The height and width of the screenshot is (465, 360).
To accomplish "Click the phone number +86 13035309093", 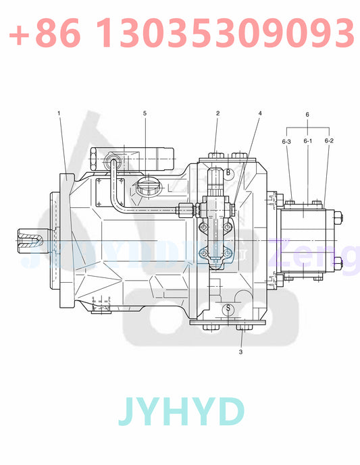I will point(180,32).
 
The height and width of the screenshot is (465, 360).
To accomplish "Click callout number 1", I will point(59,113).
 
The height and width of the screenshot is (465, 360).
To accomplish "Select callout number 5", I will point(144,113).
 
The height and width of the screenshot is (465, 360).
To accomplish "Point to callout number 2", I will point(217,113).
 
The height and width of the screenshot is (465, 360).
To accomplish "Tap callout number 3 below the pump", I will point(240,351).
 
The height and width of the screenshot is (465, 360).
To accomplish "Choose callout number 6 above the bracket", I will point(307,115).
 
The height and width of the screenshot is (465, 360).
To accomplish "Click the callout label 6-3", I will point(286,141).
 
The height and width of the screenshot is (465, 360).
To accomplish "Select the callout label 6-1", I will point(307,141).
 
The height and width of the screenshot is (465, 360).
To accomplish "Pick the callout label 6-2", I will point(329,141).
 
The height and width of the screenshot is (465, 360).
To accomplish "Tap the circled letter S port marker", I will point(228,308).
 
